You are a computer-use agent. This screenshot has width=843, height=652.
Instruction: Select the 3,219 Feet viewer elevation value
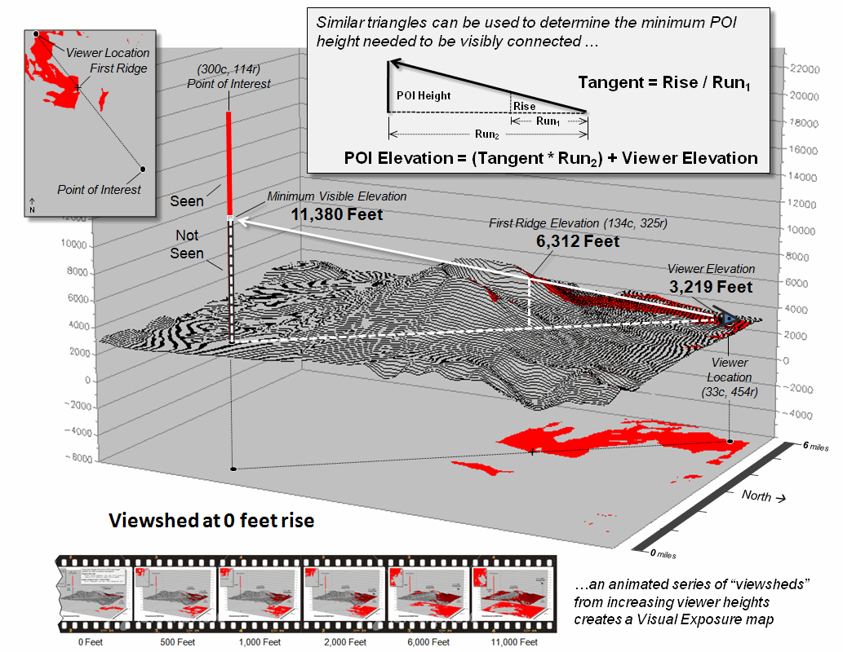pyautogui.click(x=711, y=287)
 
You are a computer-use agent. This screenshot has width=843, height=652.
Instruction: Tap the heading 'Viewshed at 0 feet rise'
pyautogui.click(x=212, y=520)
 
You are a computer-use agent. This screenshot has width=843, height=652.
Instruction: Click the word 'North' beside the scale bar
pyautogui.click(x=756, y=495)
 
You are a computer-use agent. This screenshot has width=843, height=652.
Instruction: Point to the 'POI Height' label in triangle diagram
pyautogui.click(x=424, y=95)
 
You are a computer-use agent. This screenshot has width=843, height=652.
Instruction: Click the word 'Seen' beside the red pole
pyautogui.click(x=186, y=200)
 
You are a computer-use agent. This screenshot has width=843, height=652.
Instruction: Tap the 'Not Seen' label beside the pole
pyautogui.click(x=189, y=244)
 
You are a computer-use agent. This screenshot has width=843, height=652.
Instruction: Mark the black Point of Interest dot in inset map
pyautogui.click(x=143, y=169)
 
